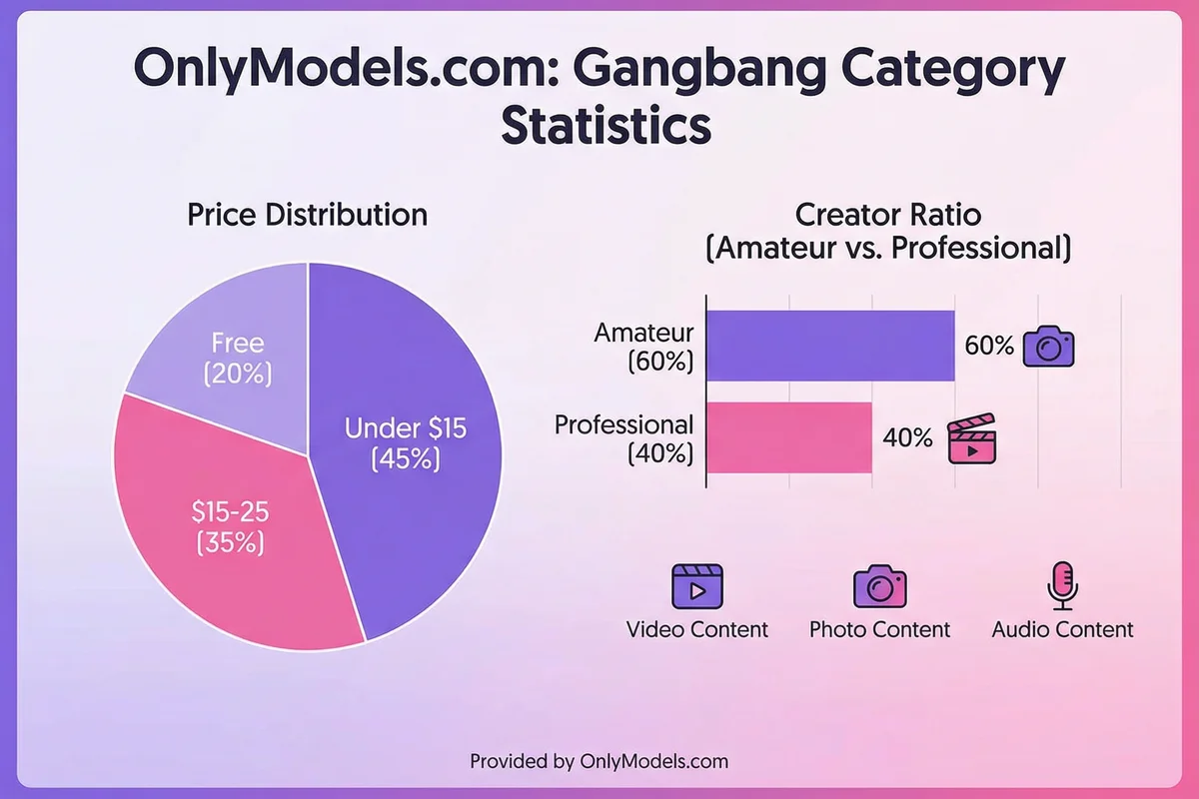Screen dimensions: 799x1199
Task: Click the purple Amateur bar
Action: pos(830,346)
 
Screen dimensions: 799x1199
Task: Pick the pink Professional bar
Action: pos(789,437)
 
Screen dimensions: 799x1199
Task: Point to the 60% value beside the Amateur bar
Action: pos(988,346)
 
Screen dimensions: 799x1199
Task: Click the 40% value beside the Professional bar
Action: pos(906,437)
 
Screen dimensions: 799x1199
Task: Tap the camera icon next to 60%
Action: pos(1048,346)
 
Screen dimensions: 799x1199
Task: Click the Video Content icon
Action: pos(696,586)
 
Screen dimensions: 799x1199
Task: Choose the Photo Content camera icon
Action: pos(879,586)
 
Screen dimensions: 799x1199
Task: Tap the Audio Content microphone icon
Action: pos(1061,586)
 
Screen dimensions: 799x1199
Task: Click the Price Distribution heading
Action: pos(308,215)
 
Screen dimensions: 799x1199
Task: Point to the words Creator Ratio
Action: pos(887,214)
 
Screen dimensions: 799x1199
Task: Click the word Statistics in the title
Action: pos(605,127)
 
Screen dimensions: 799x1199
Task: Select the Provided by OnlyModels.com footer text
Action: pos(599,761)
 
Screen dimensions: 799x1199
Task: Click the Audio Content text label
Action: pos(1062,629)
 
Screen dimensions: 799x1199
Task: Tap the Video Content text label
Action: pos(696,629)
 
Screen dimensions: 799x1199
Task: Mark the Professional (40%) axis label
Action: pos(624,438)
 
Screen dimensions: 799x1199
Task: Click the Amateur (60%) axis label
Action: pos(643,346)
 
